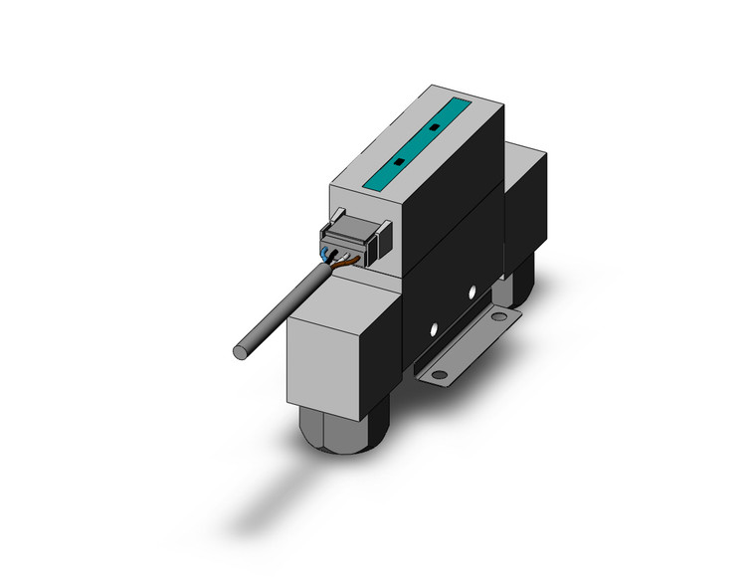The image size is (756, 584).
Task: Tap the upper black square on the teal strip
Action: [x=434, y=127]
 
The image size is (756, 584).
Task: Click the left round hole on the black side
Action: [x=433, y=326]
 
